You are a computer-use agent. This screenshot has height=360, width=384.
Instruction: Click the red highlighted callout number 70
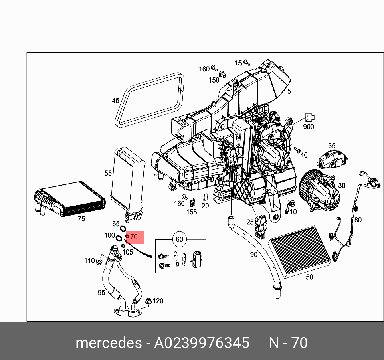(134, 237)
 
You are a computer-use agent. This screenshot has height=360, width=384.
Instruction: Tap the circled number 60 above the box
(179, 240)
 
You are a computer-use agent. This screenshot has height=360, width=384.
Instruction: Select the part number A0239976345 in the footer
(202, 343)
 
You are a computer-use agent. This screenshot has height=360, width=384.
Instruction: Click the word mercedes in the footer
(108, 343)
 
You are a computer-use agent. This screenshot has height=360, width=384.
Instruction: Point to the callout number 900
(309, 127)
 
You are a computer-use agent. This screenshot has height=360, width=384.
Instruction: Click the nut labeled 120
(148, 300)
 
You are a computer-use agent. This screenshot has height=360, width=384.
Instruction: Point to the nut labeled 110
(99, 261)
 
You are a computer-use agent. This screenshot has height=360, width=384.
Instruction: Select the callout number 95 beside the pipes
(101, 293)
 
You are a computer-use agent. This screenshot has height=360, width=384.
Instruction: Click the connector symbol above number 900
(309, 117)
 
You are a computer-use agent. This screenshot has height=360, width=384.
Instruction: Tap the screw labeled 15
(247, 63)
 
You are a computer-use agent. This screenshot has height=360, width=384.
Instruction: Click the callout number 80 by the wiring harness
(358, 220)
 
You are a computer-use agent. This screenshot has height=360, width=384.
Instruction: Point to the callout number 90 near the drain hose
(253, 254)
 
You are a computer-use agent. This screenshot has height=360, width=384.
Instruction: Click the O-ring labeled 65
(123, 229)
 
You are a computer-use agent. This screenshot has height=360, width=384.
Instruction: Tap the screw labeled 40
(297, 150)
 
